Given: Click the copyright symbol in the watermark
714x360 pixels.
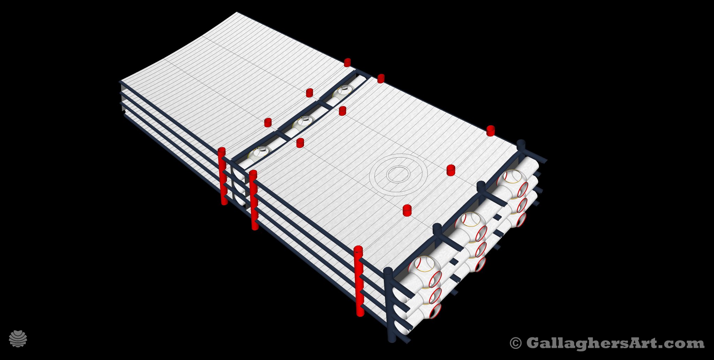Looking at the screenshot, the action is pos(516,343).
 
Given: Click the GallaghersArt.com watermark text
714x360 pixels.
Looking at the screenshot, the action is pos(615,343).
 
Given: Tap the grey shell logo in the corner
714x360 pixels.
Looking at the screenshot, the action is pos(18,338).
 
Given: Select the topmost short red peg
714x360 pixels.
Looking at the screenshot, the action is pos(347,62).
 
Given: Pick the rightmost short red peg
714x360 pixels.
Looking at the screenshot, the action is pos(491,131).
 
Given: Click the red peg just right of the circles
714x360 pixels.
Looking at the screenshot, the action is pos(451,170).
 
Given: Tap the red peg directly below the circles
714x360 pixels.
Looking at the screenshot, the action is pos(407,210).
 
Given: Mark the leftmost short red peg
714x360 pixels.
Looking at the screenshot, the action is pos(268,123).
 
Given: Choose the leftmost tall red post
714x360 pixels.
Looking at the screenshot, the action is pos(222,176).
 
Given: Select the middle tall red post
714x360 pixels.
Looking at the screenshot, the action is pos(254,200).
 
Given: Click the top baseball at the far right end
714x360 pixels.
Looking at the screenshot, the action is pos(512,182).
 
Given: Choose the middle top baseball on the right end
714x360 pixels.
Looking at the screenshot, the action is pos(470,225).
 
